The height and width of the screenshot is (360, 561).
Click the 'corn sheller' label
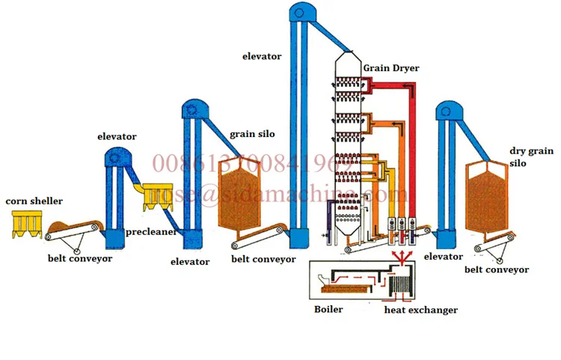point(34,201)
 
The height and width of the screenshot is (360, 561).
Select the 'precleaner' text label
point(151,232)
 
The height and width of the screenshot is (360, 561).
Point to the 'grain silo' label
point(252,134)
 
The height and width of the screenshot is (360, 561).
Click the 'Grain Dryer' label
point(391,68)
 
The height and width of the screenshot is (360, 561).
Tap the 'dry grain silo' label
point(524,156)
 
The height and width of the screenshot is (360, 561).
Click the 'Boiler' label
point(329,309)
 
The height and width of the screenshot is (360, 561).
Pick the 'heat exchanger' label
point(421,309)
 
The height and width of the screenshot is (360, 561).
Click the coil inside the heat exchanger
point(403,285)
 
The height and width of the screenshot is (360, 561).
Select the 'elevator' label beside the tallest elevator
point(262,56)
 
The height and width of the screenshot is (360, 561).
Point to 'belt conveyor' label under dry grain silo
point(497,270)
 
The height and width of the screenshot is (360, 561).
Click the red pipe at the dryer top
point(389,86)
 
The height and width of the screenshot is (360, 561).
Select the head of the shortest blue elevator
point(117,158)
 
